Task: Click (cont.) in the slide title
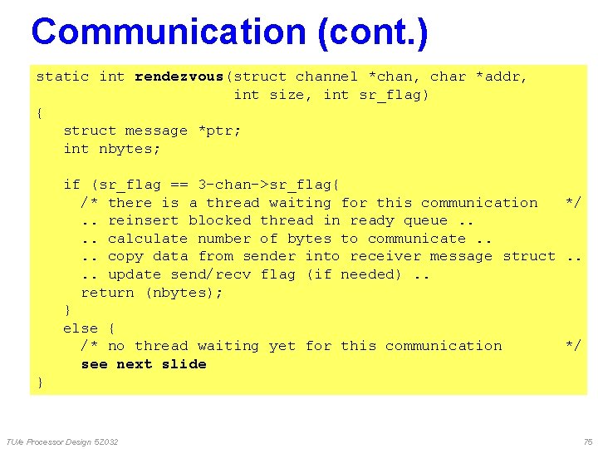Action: tap(373, 32)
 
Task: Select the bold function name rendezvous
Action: tap(179, 76)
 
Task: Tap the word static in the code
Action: tap(62, 76)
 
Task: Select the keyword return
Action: tap(107, 293)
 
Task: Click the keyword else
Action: tap(81, 328)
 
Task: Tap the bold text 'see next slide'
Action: tap(143, 364)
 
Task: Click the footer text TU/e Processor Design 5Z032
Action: tap(62, 441)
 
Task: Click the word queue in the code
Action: tap(425, 220)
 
